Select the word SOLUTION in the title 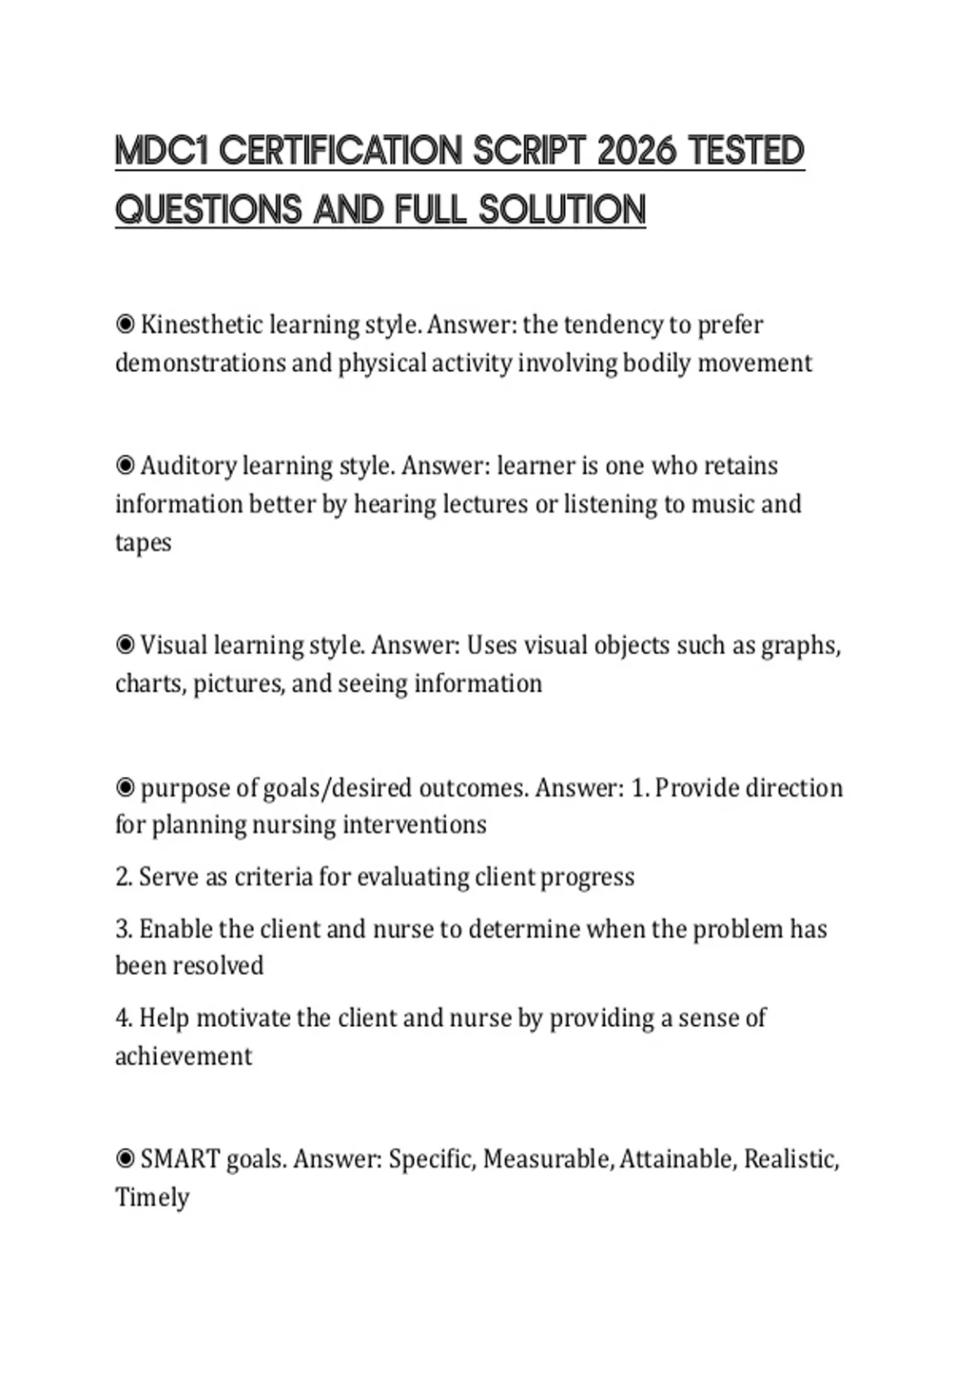562,210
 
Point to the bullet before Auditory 125,466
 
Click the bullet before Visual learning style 125,645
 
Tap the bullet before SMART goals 125,1158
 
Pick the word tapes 143,542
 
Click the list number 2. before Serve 123,878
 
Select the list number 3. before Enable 123,929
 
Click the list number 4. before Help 123,1018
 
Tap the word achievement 183,1056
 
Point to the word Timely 152,1197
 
